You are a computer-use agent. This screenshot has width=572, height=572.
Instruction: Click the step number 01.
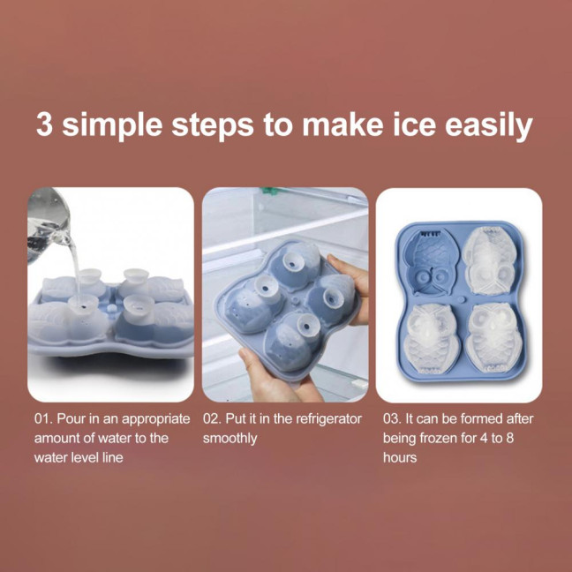point(43,418)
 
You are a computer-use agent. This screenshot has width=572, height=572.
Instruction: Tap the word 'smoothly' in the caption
point(230,438)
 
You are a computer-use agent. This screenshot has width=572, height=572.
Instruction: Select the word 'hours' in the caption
point(400,458)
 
